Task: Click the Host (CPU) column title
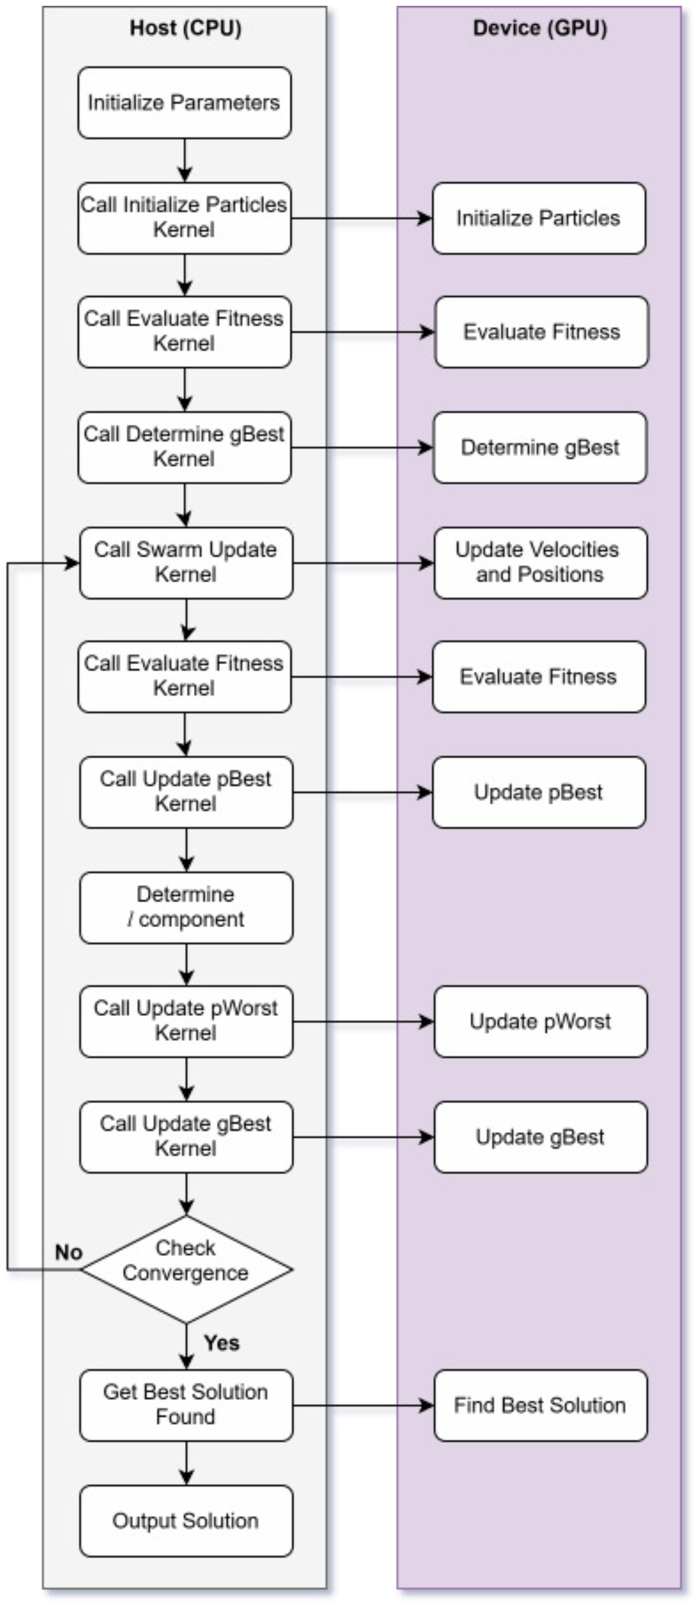tap(185, 28)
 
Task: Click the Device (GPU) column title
tap(540, 28)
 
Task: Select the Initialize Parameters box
tap(184, 103)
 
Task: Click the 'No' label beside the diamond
tap(68, 1252)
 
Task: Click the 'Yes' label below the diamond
tap(222, 1343)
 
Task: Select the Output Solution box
tap(186, 1521)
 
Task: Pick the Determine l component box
tap(186, 907)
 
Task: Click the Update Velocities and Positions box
tap(540, 562)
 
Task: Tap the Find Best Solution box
tap(540, 1405)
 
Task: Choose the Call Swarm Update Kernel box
tap(186, 562)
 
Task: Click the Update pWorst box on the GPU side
tap(540, 1021)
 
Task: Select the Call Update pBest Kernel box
tap(186, 791)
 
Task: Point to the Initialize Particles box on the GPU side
tap(539, 218)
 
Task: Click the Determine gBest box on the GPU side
tap(540, 447)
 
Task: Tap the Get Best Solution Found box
tap(186, 1405)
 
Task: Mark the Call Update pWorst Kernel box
tap(186, 1021)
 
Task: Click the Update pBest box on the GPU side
tap(539, 791)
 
